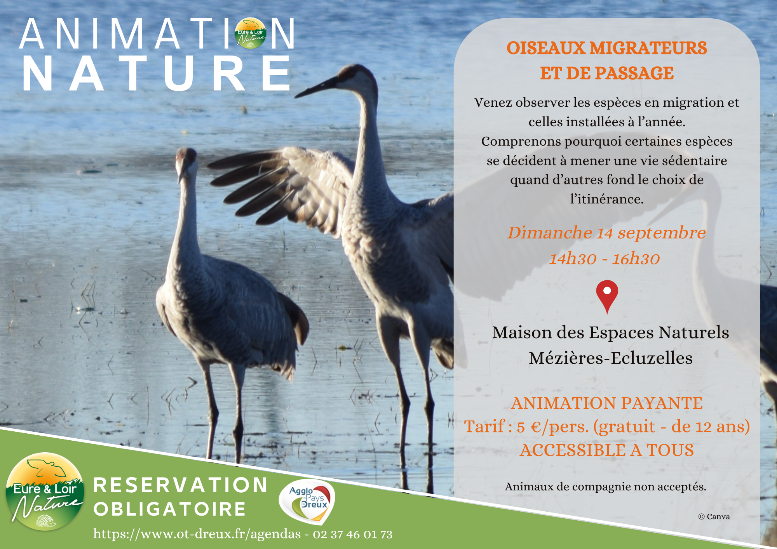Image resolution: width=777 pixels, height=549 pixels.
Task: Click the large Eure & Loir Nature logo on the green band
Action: [x=45, y=491]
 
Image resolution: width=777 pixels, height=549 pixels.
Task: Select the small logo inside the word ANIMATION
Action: [x=251, y=33]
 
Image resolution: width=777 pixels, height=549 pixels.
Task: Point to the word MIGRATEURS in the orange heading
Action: [x=648, y=48]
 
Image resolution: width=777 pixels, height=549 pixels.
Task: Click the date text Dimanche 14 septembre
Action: [x=606, y=233]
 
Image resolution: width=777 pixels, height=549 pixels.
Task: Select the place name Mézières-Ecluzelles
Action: [x=611, y=358]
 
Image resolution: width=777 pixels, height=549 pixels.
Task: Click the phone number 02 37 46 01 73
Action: [x=353, y=535]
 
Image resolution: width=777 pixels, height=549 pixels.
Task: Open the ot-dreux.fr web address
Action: [x=197, y=534]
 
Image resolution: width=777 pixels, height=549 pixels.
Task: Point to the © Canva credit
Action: [x=714, y=516]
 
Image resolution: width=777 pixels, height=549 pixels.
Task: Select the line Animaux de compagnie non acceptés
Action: [x=606, y=487]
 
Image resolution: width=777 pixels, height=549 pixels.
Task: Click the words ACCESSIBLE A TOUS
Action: [x=607, y=450]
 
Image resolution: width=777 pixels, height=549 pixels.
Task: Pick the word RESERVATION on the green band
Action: [x=181, y=485]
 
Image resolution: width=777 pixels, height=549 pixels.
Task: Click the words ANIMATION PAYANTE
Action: [x=607, y=403]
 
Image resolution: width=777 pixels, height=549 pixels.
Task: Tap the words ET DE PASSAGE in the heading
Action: [x=607, y=73]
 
